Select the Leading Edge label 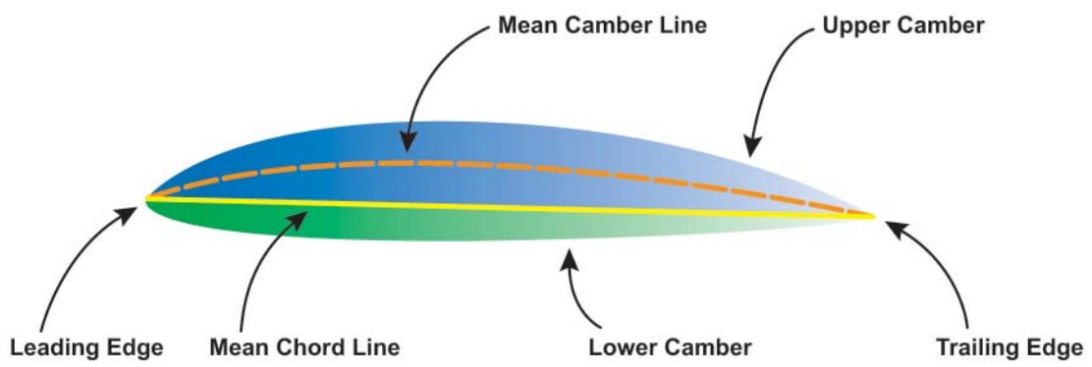pos(86,347)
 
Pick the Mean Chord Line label pos(305,347)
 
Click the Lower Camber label pos(670,347)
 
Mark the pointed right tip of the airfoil pos(873,215)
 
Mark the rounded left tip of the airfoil pos(147,198)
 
